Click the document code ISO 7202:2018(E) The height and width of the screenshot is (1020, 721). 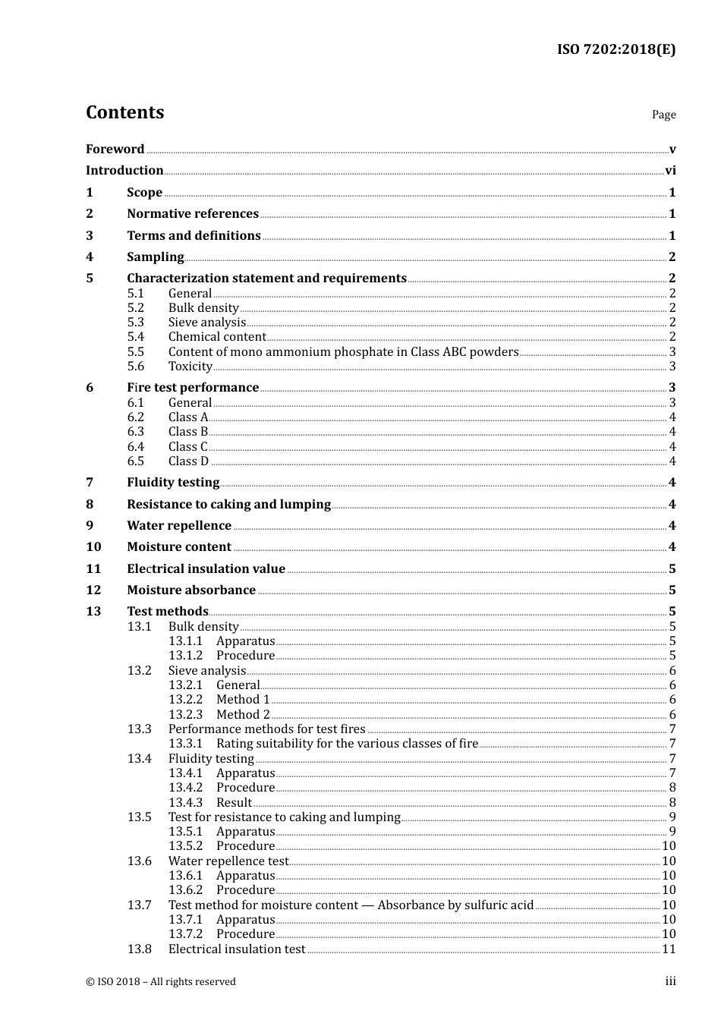pos(616,50)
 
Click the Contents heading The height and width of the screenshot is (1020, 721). pos(124,112)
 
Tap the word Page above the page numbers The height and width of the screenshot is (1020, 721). pos(663,115)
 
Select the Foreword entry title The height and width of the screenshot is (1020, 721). pos(115,150)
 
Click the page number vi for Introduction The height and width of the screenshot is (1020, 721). pos(670,171)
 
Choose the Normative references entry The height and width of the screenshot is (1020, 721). pos(193,214)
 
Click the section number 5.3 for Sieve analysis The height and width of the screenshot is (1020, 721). pos(135,323)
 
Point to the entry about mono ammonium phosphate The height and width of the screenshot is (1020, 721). pos(343,352)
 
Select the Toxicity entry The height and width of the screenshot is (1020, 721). pos(190,367)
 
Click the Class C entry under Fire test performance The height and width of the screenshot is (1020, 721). pos(187,447)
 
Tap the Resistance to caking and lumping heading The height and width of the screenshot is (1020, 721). pos(228,505)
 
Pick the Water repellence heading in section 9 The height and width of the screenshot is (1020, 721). pos(179,526)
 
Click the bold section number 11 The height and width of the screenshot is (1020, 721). pos(93,569)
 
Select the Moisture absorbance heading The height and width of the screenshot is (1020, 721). pos(191,590)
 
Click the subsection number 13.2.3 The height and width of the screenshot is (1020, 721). pos(185,715)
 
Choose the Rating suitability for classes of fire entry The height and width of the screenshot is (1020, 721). pos(347,744)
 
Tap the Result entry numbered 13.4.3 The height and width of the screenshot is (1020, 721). pos(234,803)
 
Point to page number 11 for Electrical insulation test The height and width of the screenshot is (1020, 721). pos(669,949)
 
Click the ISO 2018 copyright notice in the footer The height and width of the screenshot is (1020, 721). pos(161,982)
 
